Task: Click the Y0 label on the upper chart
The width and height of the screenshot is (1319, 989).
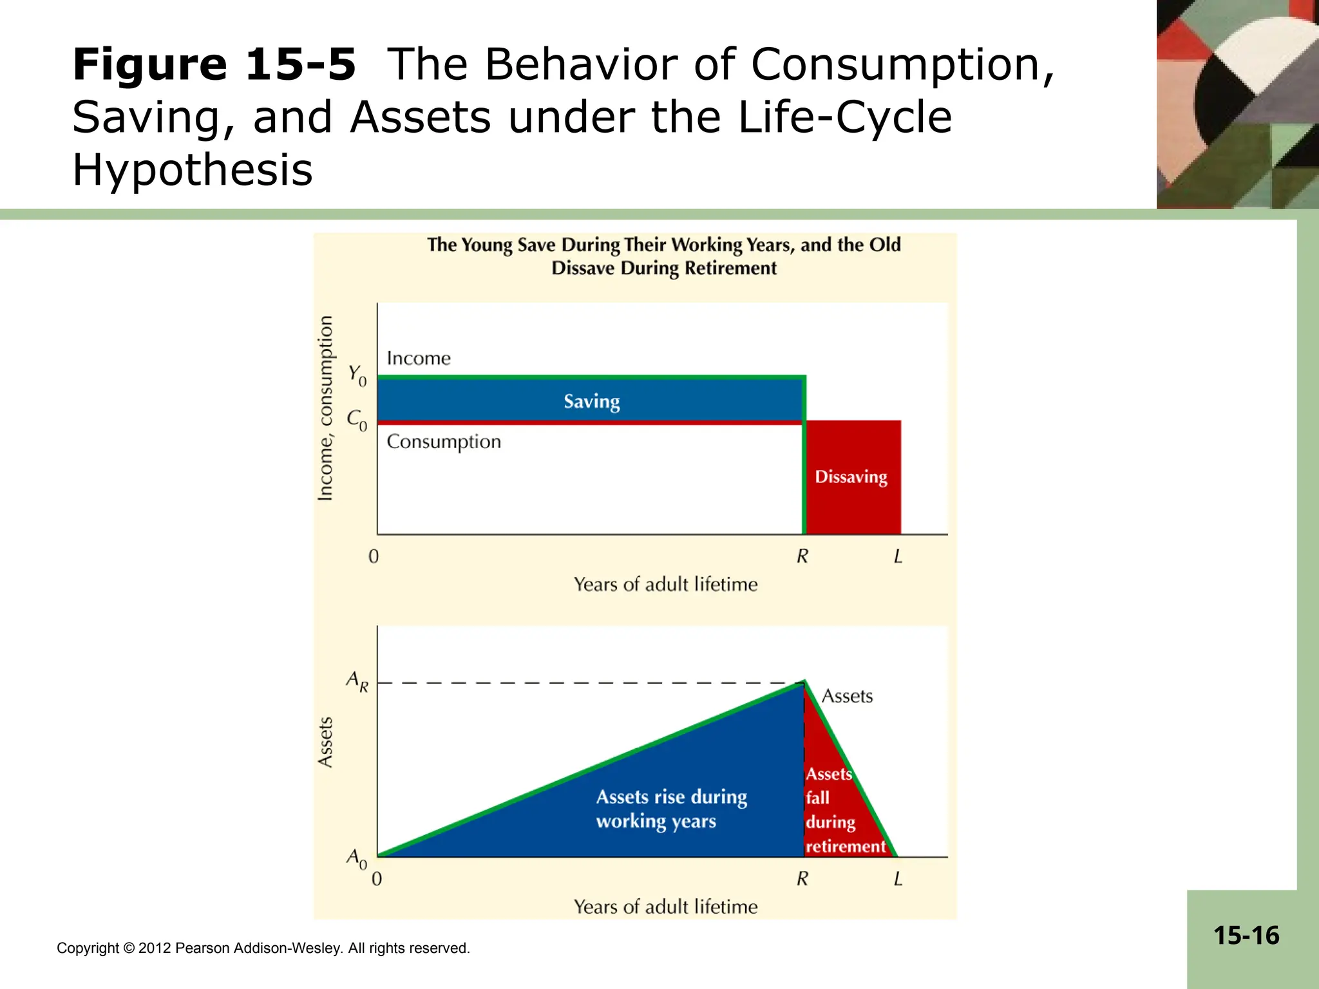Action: (357, 375)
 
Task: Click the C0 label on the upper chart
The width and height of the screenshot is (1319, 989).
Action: (357, 420)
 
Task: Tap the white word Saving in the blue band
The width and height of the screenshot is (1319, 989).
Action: (591, 401)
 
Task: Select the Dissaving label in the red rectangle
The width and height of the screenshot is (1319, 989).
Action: (851, 476)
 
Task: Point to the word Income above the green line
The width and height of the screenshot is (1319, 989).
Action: (419, 358)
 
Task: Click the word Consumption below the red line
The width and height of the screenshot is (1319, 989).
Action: (444, 442)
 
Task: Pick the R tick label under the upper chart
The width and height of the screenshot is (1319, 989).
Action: (802, 556)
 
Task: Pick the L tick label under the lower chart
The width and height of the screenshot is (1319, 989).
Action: (898, 878)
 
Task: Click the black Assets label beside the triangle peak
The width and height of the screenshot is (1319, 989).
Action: (847, 696)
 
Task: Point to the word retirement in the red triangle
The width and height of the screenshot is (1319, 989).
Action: (845, 846)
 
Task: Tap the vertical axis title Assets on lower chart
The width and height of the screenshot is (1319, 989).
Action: (326, 742)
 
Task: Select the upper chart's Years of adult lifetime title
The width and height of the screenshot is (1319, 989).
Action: (665, 584)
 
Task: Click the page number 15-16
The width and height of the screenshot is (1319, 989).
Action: (1246, 936)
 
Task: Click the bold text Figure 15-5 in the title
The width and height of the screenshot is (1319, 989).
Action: (214, 64)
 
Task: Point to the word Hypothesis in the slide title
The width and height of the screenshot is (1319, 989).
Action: (192, 170)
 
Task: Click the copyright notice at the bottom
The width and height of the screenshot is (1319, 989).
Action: (263, 948)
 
